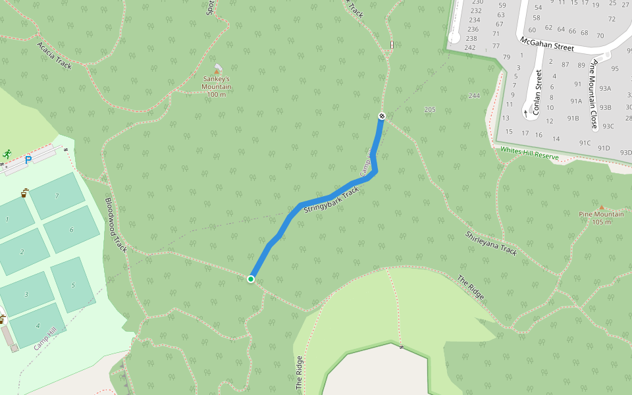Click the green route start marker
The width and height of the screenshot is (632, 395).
coord(251,279)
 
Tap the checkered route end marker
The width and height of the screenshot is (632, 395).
coord(382,117)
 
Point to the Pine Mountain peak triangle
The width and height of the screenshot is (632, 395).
coord(600,207)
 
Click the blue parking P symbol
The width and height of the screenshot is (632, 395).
coord(28,159)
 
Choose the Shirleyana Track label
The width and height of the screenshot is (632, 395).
coord(491,243)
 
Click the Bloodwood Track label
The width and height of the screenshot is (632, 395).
coord(116,225)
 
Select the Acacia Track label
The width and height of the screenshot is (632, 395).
coord(54,55)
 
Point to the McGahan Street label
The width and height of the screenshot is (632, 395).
coord(546,43)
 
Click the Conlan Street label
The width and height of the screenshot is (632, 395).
coord(537,93)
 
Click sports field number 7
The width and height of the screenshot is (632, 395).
coord(57,196)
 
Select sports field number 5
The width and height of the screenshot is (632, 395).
coord(73,285)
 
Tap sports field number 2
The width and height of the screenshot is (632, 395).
coord(22,251)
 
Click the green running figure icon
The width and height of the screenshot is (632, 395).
coord(7,153)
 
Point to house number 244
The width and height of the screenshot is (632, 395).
coord(474,96)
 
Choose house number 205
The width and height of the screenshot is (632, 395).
coord(430,109)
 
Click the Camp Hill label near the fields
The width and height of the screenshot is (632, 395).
coord(45,339)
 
